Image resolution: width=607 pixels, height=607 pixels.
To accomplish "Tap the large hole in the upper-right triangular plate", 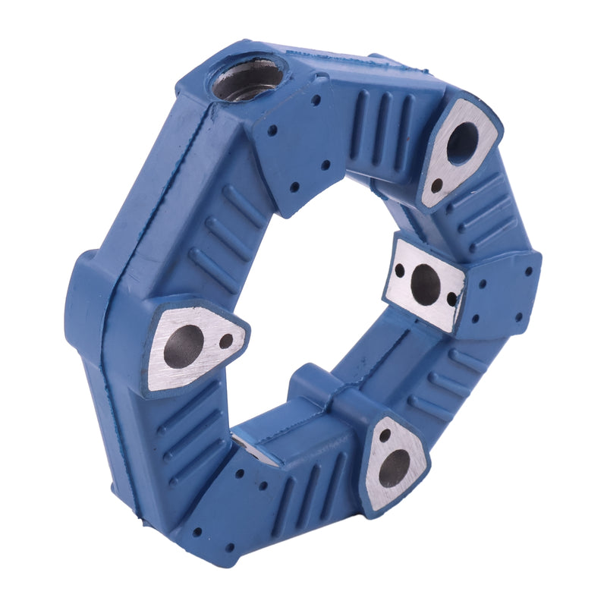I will coord(462,142).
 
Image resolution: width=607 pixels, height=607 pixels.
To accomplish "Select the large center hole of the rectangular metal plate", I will coord(425,285).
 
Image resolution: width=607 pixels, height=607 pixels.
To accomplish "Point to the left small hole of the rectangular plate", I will coord(399,270).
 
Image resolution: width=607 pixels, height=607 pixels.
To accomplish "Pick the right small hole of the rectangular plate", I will coord(452,299).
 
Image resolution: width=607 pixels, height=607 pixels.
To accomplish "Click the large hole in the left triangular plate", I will coord(184,348).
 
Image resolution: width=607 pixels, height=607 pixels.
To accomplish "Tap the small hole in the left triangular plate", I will coord(225,341).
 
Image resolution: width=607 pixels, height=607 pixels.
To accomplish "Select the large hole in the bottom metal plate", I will coord(394,468).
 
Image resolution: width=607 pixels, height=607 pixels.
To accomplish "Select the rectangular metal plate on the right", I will coord(426,285).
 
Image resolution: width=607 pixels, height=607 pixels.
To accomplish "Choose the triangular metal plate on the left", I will coord(193,345).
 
